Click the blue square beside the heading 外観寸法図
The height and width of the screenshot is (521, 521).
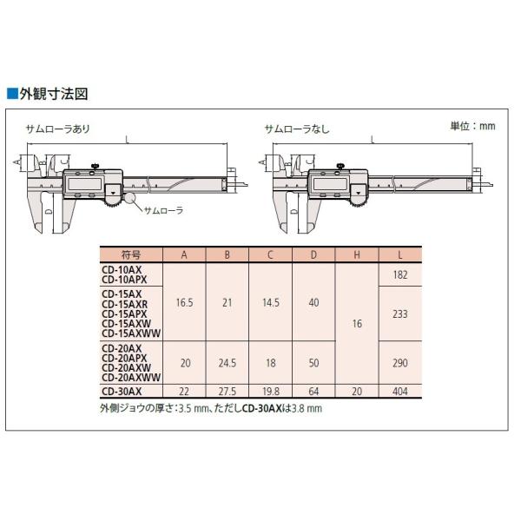[12, 94]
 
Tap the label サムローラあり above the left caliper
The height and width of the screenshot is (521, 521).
[58, 129]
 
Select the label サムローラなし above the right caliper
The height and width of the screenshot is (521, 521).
[297, 129]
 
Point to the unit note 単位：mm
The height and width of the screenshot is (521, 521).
[472, 126]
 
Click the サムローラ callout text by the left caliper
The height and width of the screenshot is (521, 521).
[163, 210]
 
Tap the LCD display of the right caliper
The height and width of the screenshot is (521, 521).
[330, 184]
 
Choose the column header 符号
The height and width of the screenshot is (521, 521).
[131, 254]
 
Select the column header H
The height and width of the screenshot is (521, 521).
[357, 254]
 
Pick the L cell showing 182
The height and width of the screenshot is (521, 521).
[400, 274]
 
